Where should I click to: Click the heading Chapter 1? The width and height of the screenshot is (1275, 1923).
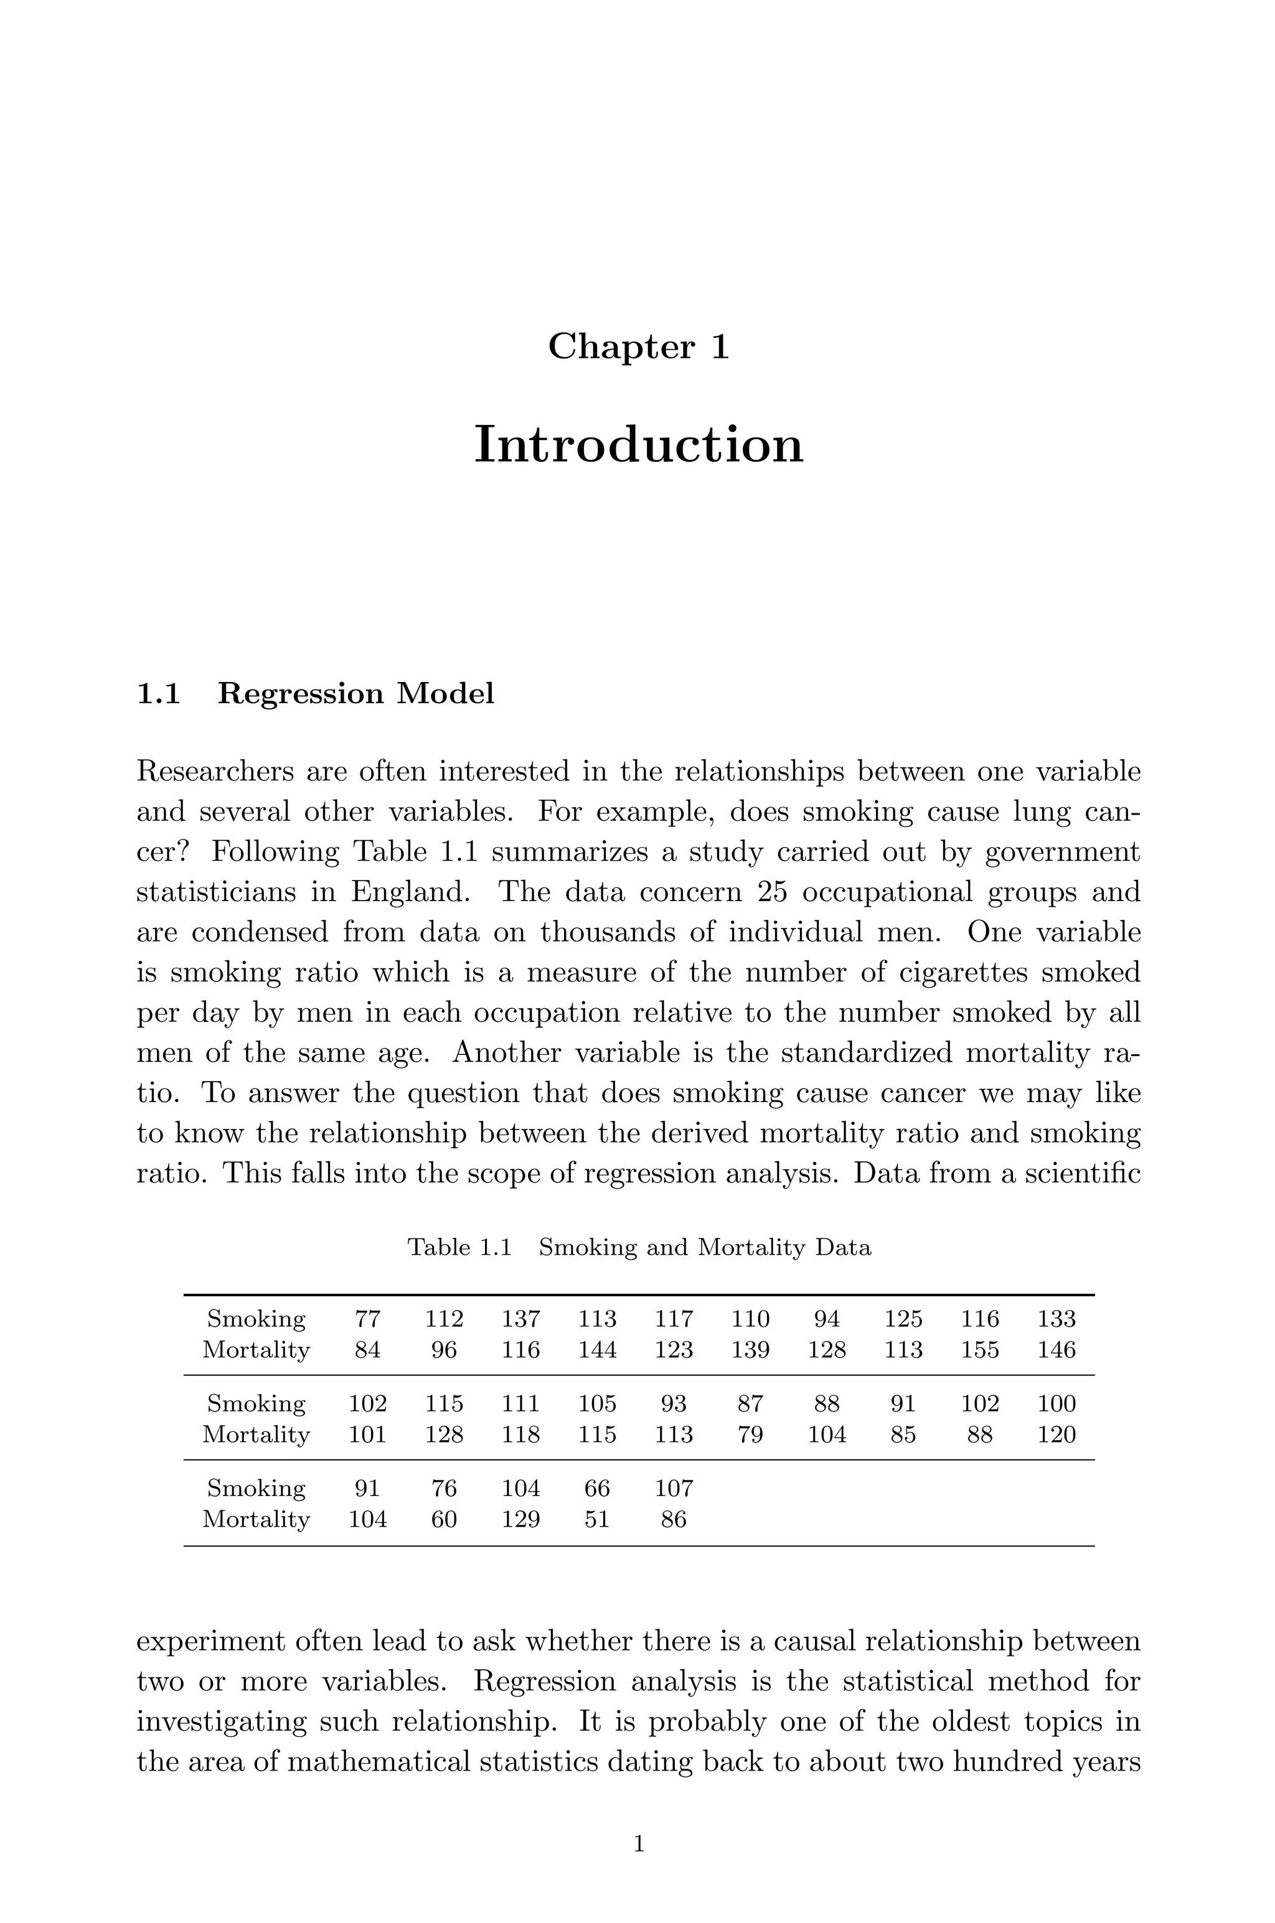[x=638, y=347]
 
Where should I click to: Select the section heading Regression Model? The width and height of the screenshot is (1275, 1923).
[x=355, y=693]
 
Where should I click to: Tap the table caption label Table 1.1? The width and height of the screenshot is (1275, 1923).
[x=459, y=1247]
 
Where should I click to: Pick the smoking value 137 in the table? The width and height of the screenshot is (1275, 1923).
[x=520, y=1318]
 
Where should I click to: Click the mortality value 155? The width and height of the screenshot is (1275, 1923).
[x=979, y=1350]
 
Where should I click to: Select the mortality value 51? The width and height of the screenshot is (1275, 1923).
[x=597, y=1519]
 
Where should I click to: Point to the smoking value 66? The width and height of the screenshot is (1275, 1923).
[x=597, y=1488]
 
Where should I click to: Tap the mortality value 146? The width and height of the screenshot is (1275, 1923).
[x=1056, y=1350]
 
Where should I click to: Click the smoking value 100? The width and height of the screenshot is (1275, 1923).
[x=1056, y=1403]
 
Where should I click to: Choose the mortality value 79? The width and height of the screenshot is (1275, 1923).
[x=750, y=1434]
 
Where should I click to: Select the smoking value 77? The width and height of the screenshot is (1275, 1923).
[x=367, y=1318]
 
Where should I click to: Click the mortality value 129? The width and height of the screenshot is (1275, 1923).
[x=520, y=1519]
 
